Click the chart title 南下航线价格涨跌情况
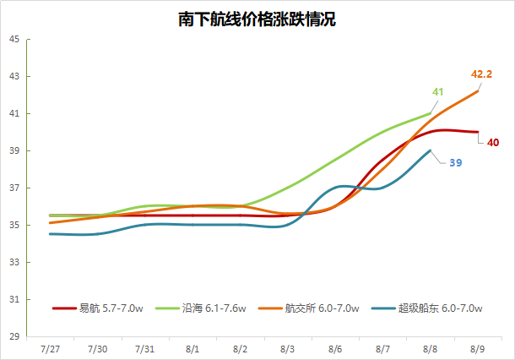point(257,19)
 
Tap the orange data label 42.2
point(481,74)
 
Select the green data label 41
point(438,92)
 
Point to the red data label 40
point(493,142)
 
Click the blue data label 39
point(455,161)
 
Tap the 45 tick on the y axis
point(14,39)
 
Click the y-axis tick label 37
point(14,188)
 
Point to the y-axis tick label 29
point(14,336)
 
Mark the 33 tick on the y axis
point(14,262)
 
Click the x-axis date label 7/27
point(50,348)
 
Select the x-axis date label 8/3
point(287,348)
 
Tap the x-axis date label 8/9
point(477,348)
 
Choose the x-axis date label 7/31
point(144,348)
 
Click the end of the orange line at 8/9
point(478,91)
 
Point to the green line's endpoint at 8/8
point(431,113)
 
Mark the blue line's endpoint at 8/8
point(431,150)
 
